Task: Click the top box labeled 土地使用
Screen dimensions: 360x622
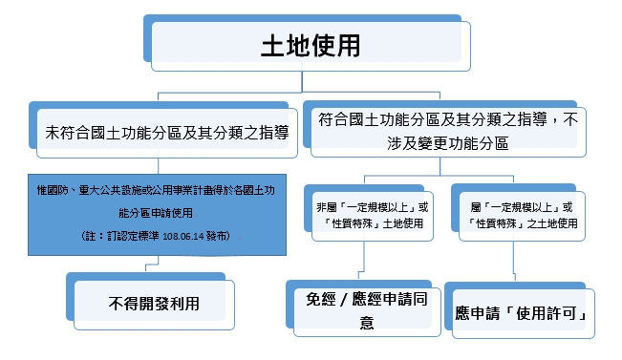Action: point(311,45)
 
